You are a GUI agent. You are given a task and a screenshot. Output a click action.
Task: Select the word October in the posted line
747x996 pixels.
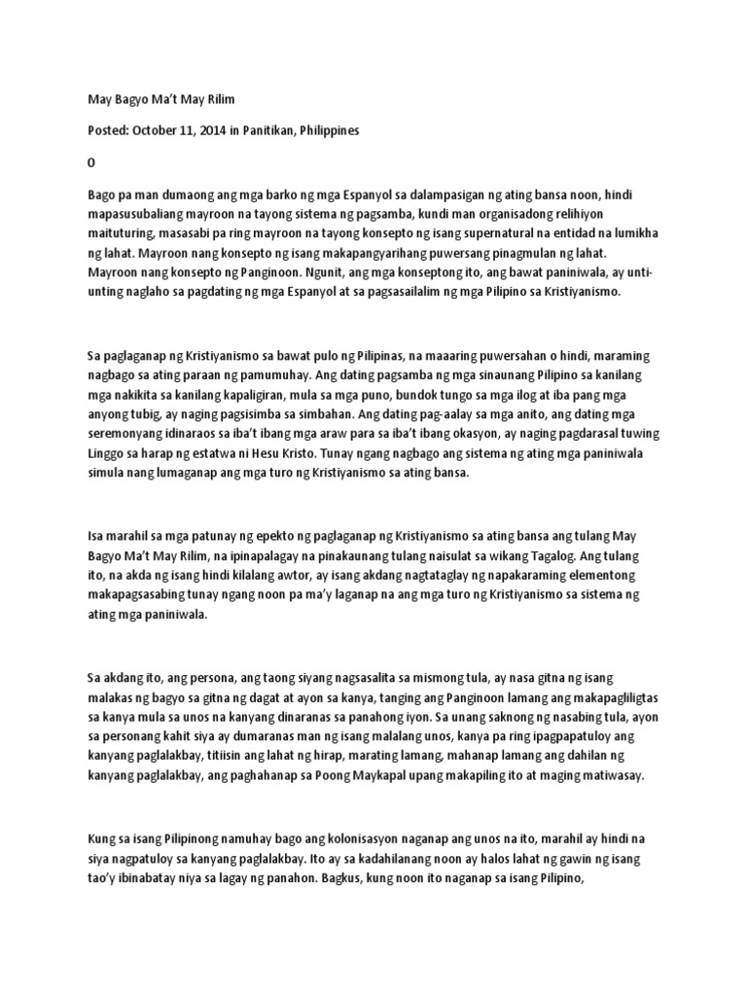pyautogui.click(x=159, y=130)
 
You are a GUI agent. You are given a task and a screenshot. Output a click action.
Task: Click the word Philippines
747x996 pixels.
pyautogui.click(x=356, y=130)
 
